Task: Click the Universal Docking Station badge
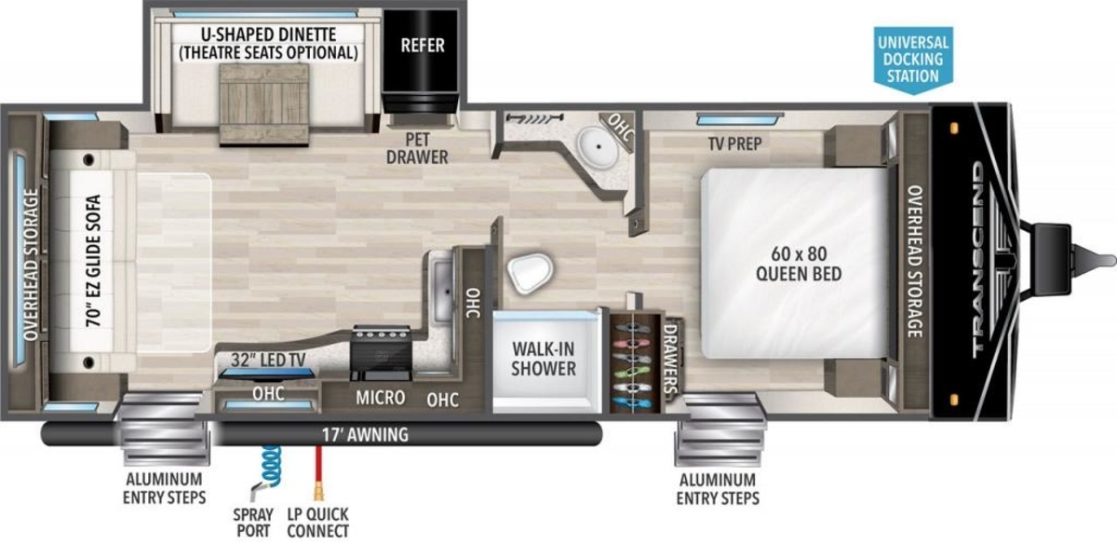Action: click(913, 59)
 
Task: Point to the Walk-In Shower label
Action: click(544, 359)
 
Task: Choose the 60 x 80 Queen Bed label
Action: click(799, 264)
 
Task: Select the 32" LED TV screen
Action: click(267, 374)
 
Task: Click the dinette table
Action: click(264, 104)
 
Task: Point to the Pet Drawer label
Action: click(417, 148)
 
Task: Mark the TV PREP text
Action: click(734, 143)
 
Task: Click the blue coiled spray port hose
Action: click(271, 466)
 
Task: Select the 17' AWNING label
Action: click(366, 435)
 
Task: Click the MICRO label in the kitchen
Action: click(381, 398)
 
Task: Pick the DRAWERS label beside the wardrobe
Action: click(671, 360)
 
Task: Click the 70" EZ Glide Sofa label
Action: click(93, 261)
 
